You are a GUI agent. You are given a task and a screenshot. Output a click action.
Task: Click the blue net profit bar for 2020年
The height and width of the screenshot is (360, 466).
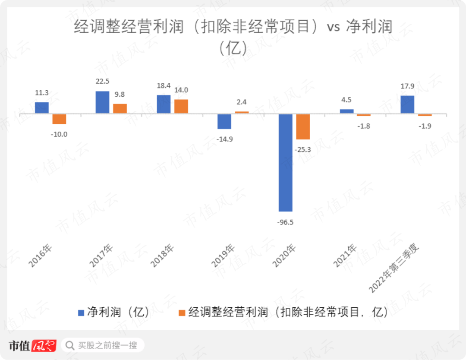click(285, 162)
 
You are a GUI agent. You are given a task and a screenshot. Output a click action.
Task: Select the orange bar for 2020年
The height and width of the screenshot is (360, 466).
click(303, 126)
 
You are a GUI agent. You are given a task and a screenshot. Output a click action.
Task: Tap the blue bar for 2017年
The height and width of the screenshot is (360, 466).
click(102, 102)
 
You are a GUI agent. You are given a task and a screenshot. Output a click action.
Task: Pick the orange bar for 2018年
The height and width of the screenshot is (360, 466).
click(181, 106)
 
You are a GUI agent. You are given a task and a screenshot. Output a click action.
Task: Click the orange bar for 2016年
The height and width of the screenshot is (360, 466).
click(59, 119)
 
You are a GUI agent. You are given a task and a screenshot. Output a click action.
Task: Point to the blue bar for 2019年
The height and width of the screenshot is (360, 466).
click(224, 121)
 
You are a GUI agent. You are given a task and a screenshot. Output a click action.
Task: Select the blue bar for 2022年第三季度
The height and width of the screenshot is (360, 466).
click(407, 104)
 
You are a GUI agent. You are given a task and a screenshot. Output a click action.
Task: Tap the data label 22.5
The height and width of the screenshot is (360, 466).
click(103, 81)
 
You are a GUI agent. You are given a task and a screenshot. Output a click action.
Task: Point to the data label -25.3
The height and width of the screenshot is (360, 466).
click(303, 150)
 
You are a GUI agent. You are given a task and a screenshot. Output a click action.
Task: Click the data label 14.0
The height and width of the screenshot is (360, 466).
click(181, 90)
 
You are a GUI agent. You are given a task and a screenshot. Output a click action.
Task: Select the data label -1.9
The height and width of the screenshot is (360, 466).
click(425, 126)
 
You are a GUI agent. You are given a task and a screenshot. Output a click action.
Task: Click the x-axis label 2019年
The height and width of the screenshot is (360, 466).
click(223, 255)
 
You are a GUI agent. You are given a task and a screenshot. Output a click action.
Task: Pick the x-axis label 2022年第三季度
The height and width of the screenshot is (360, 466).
click(395, 268)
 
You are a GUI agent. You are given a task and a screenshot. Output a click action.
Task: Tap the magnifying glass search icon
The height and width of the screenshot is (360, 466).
click(69, 345)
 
